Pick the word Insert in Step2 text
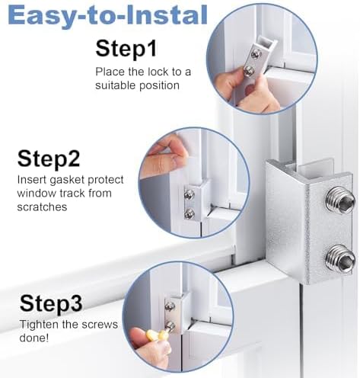[32, 181]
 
